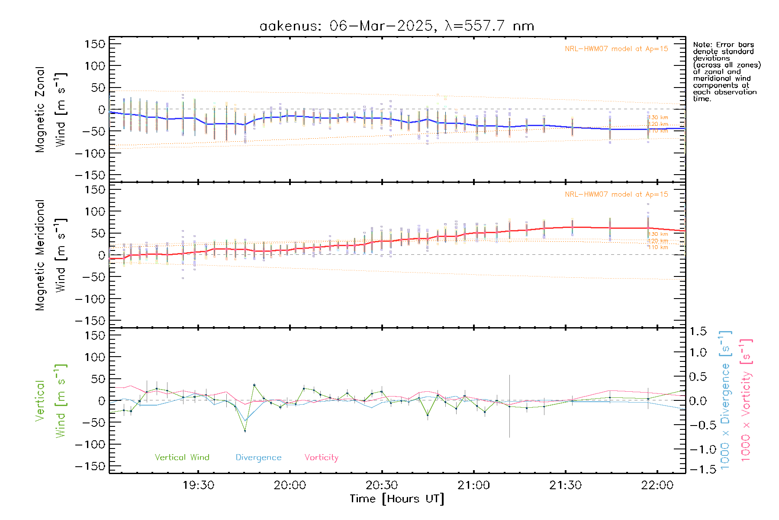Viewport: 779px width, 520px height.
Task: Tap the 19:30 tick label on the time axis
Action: click(198, 485)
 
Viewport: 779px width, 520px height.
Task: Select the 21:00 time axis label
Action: click(473, 485)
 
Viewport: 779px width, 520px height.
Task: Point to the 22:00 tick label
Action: click(657, 485)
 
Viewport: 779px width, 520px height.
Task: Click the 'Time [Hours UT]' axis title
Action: click(397, 499)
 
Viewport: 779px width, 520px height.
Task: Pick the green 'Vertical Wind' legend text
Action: click(182, 458)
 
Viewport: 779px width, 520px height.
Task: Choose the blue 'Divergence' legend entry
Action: click(258, 458)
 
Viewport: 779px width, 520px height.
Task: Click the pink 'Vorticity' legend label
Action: click(321, 458)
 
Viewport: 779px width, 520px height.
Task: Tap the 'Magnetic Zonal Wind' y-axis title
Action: click(51, 109)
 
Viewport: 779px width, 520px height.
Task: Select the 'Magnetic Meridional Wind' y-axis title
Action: click(51, 255)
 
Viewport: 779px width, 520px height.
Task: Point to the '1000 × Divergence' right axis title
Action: click(725, 400)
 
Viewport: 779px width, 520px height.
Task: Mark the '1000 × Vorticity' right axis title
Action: click(746, 400)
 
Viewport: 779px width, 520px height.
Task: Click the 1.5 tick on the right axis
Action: click(698, 331)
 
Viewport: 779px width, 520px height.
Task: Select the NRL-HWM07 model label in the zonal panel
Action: click(616, 49)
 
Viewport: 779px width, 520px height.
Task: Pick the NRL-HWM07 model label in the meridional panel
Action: click(616, 195)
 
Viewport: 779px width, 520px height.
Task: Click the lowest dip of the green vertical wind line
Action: click(245, 431)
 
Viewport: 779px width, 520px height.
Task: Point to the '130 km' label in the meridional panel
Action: click(658, 234)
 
